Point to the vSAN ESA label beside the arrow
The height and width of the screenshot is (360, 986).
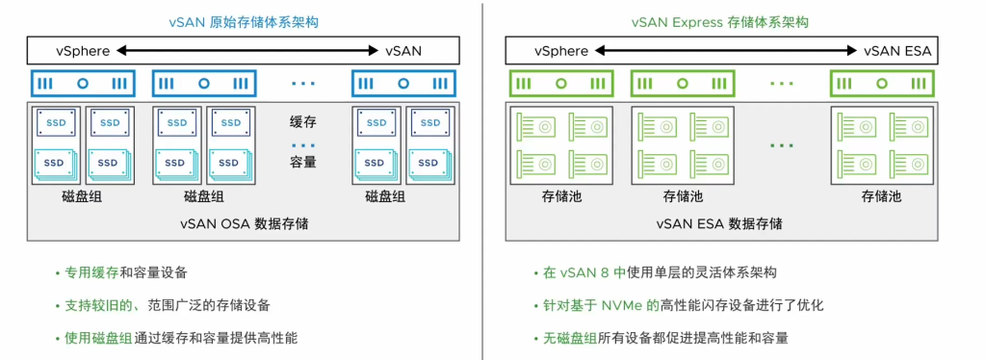897,51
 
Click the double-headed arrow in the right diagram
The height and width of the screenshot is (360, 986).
723,51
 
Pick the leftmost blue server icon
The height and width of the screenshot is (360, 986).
82,84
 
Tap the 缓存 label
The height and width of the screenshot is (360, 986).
303,122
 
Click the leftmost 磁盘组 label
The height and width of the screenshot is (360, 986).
82,196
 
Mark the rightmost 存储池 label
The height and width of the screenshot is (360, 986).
882,196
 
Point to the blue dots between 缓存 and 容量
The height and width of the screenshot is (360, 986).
303,144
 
